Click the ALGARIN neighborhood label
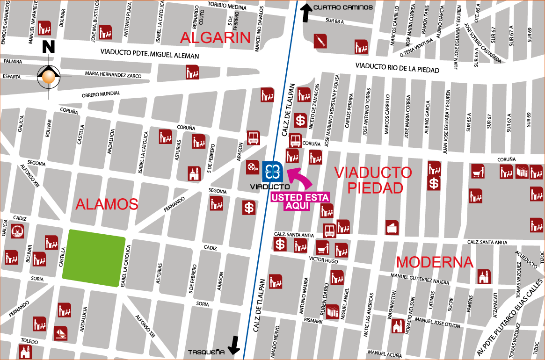click(x=216, y=38)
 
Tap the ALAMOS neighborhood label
click(x=107, y=204)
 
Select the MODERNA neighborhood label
click(x=435, y=262)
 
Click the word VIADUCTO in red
click(x=373, y=173)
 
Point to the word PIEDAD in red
click(x=375, y=188)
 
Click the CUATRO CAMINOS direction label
click(x=343, y=7)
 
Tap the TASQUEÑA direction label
click(x=206, y=352)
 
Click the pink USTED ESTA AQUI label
click(x=300, y=201)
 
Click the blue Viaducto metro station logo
click(x=272, y=171)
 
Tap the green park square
click(x=94, y=258)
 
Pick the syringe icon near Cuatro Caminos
click(x=320, y=41)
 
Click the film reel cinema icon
click(x=252, y=166)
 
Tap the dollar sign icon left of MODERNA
click(x=280, y=244)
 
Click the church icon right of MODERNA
click(x=484, y=276)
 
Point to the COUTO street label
click(x=202, y=18)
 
